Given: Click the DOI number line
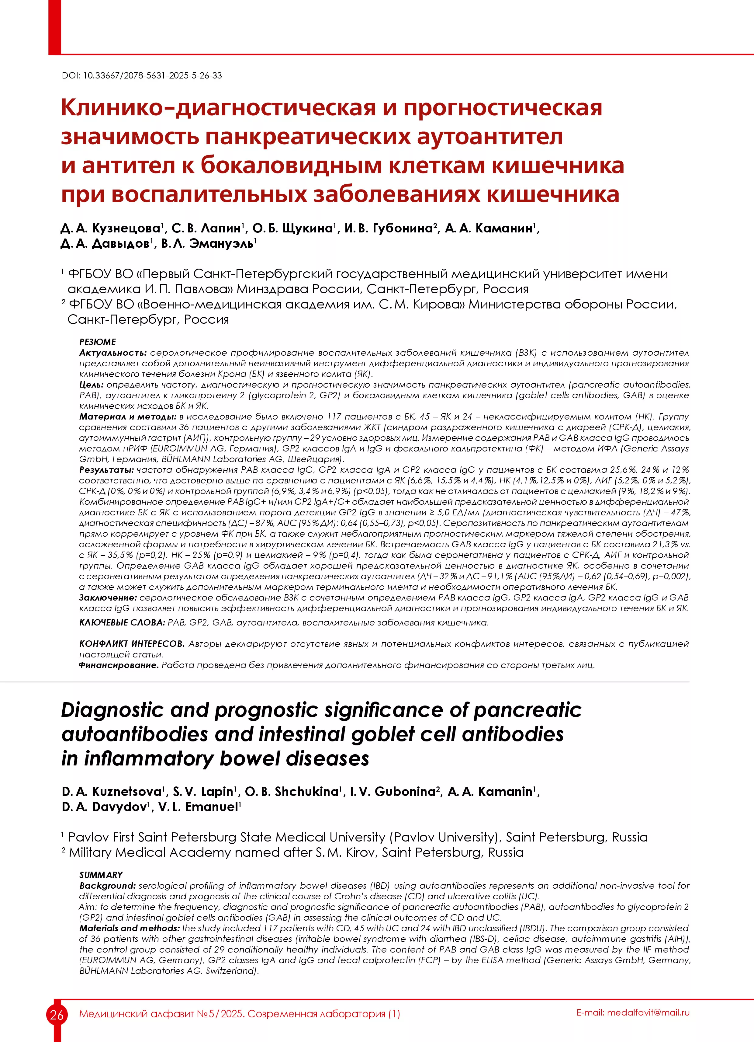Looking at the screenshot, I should click(x=141, y=76).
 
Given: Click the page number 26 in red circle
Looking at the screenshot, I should click(x=57, y=1014).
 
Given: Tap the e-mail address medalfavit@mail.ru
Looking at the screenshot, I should click(x=648, y=1012).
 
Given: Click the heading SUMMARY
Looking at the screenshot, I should click(x=101, y=875).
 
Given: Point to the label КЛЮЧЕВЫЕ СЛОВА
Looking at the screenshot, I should click(x=122, y=622).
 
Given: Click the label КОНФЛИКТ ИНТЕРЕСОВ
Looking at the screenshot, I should click(x=132, y=644).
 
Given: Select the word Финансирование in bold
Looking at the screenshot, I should click(x=119, y=665).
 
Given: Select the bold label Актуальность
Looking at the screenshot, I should click(x=112, y=353).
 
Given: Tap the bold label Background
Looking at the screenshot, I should click(x=107, y=885).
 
